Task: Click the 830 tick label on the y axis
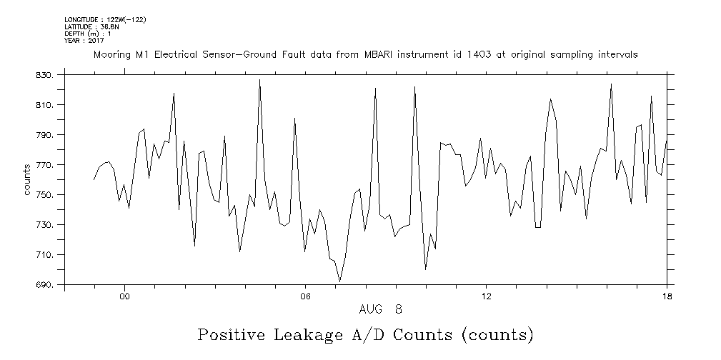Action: (x=46, y=75)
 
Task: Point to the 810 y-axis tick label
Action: (x=46, y=105)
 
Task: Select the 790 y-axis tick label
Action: (x=46, y=135)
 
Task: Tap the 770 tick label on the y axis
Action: (x=46, y=165)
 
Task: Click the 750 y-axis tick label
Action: (x=46, y=195)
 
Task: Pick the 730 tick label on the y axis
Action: (x=46, y=225)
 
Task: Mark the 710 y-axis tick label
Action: (x=46, y=255)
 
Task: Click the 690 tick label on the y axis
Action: (x=46, y=285)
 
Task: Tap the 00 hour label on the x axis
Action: (x=124, y=297)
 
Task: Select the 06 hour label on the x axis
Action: (x=305, y=297)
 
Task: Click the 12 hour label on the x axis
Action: (x=486, y=297)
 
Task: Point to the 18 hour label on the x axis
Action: (x=667, y=297)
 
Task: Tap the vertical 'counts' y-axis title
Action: (x=27, y=180)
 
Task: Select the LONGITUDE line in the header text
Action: (x=105, y=19)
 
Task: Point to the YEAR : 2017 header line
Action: (x=84, y=41)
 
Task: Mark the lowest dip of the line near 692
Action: (x=339, y=281)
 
